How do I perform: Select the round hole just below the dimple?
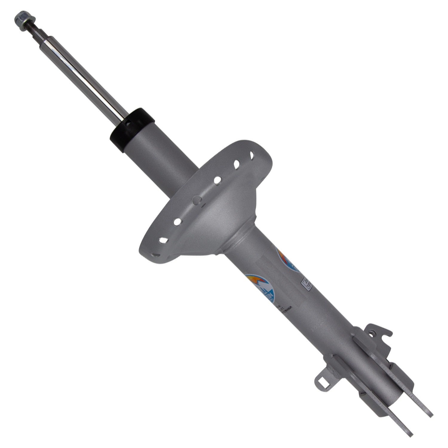177,221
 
